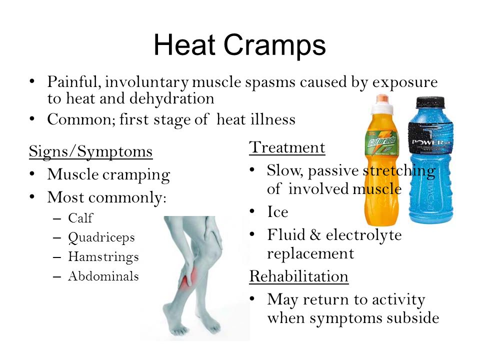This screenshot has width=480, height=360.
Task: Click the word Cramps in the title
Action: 274,46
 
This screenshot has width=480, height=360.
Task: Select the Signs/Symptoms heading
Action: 90,151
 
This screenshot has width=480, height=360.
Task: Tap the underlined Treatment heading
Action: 287,147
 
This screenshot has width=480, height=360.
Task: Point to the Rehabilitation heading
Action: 299,276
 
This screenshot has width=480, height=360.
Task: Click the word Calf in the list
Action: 80,218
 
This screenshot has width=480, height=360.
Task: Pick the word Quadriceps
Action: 101,238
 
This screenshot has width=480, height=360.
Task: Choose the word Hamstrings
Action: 103,257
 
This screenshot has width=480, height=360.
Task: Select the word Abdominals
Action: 103,276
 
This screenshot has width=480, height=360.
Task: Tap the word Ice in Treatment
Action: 277,212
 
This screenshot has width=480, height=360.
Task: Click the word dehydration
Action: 171,98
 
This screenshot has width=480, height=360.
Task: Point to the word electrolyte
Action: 363,235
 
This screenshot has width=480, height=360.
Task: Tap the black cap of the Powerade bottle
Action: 430,102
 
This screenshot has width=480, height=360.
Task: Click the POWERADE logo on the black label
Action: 431,142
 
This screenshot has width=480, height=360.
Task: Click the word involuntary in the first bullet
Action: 146,82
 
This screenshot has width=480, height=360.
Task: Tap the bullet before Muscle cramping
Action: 32,174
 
